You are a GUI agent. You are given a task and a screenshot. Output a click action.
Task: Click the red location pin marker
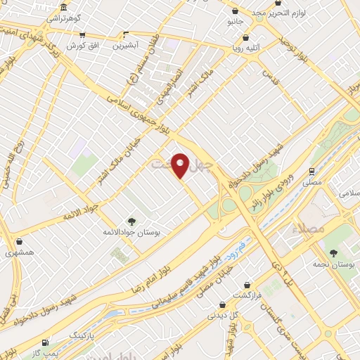[181, 165]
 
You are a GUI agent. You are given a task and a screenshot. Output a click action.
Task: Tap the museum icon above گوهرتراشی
[64, 8]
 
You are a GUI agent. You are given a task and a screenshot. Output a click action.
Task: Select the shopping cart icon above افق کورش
[82, 34]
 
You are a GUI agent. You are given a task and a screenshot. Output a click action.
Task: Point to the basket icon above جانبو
[235, 11]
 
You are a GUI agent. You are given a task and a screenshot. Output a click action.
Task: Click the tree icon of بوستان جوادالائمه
[131, 221]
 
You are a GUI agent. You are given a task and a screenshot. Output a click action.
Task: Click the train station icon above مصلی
[311, 171]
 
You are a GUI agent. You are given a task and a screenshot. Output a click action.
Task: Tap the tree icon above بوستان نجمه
[333, 252]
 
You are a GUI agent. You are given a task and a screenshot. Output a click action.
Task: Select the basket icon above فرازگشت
[247, 285]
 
